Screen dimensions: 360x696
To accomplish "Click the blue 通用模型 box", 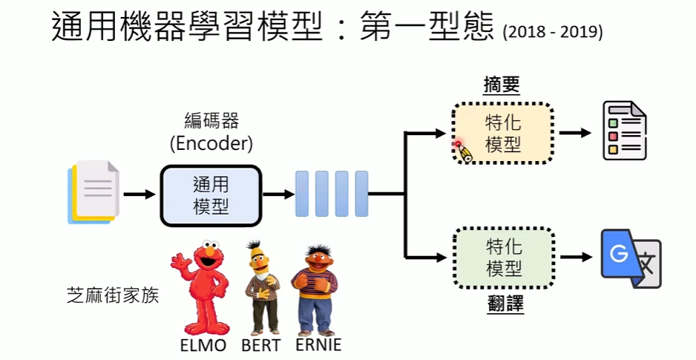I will tap(211, 195).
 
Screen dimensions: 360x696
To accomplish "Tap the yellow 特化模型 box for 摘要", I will tap(503, 134).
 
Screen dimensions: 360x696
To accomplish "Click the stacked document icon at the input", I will tap(92, 192).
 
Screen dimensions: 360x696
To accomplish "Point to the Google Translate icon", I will tap(630, 258).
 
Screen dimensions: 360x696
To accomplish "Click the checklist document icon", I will tap(624, 131).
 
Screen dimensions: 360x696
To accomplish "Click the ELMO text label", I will tap(203, 346).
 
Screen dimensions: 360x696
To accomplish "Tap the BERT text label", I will tap(260, 346).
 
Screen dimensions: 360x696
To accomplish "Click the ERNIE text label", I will tap(318, 346).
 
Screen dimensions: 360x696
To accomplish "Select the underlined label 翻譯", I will tap(502, 304).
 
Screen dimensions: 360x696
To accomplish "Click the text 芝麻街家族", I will tap(112, 295).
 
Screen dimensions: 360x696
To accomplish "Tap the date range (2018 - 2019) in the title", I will tap(553, 33).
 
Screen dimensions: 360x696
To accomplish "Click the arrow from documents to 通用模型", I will tap(139, 194).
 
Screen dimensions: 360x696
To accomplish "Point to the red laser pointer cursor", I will tap(458, 144).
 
